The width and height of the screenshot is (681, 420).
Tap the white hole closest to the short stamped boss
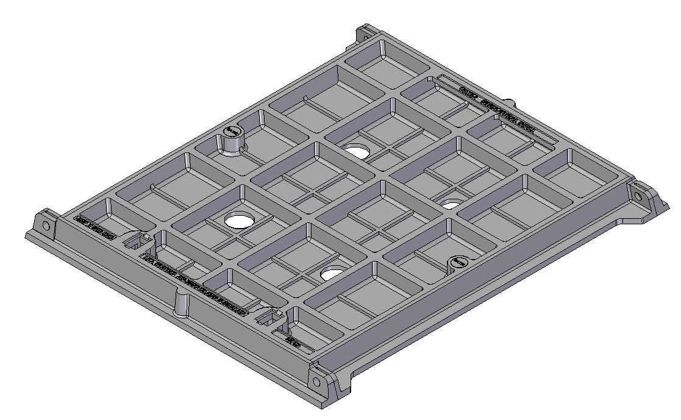click(451, 203)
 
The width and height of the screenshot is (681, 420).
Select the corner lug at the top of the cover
click(366, 33)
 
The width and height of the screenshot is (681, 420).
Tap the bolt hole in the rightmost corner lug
click(638, 197)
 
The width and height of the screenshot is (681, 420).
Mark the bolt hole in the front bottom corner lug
click(316, 382)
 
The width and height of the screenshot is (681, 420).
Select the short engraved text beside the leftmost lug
click(94, 227)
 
